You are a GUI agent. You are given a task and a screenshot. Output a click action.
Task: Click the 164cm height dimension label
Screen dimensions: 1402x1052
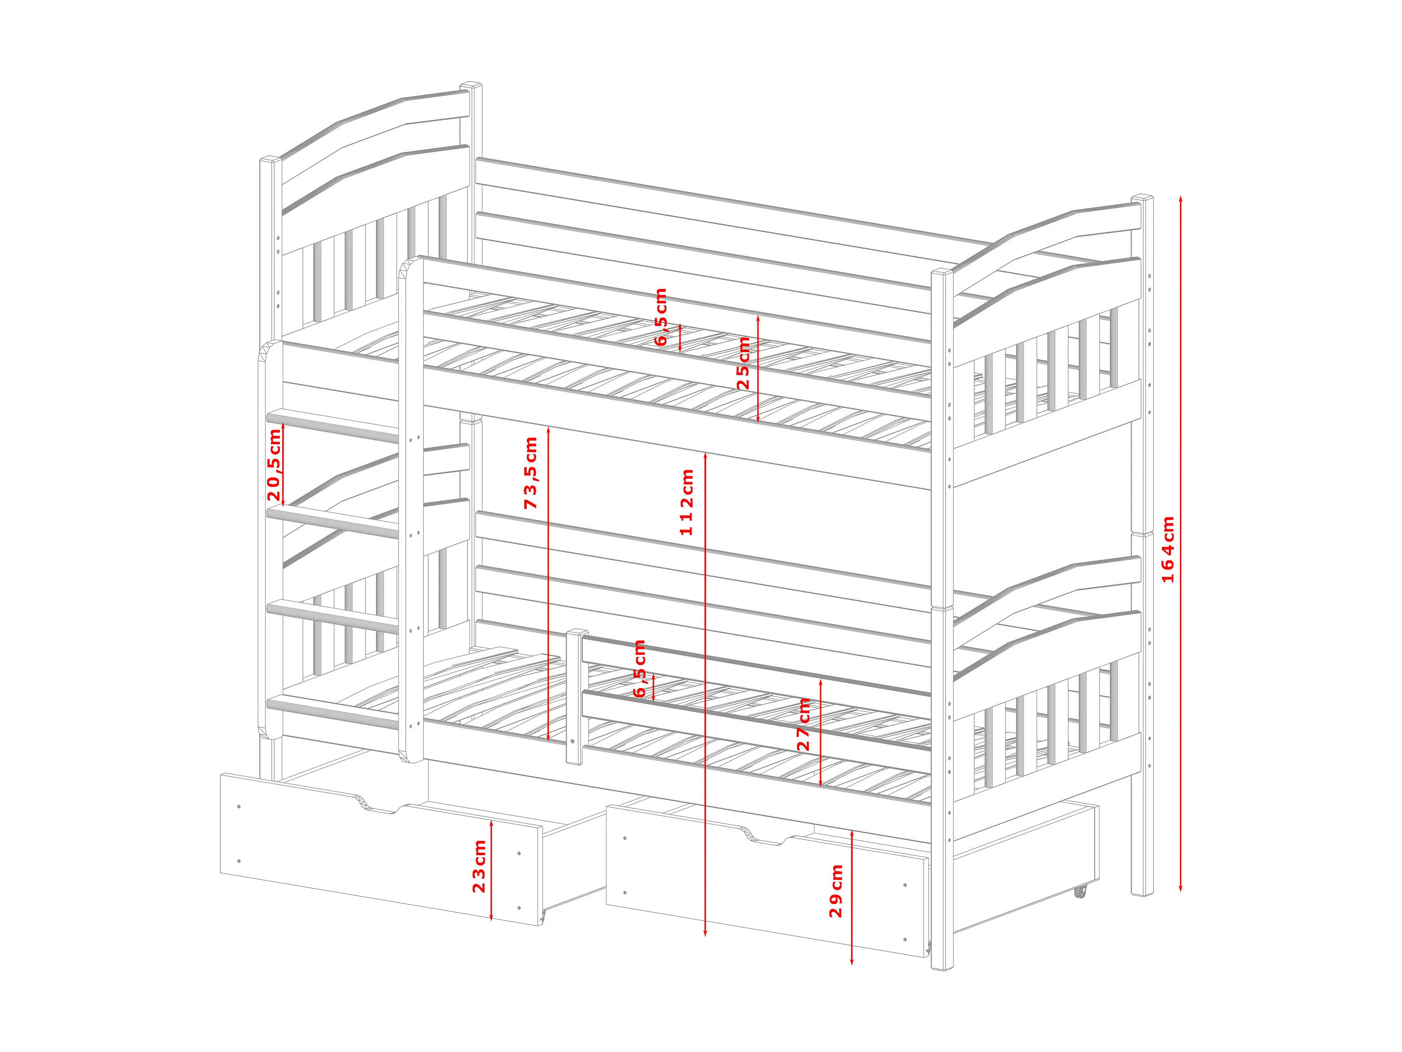[1168, 549]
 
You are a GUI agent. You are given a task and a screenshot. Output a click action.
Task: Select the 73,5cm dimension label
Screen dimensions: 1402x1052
[531, 472]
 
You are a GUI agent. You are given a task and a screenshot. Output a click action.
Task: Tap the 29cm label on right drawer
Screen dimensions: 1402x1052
[837, 890]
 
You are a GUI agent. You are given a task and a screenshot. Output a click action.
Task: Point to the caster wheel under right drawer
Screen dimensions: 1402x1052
[1080, 892]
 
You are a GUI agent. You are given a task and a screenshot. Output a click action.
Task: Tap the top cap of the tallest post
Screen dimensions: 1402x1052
[471, 85]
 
